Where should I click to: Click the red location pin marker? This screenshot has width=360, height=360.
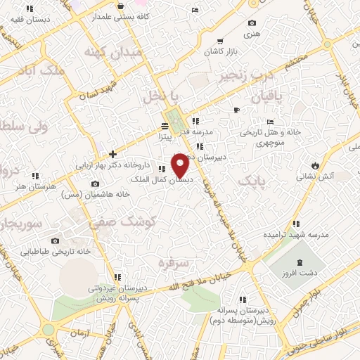pos(180,165)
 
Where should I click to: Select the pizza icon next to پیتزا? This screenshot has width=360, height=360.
pos(165,127)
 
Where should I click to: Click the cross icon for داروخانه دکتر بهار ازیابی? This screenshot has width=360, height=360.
pos(112,154)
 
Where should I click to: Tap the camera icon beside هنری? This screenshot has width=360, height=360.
pos(252,23)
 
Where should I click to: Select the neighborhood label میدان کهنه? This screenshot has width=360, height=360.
pos(112,52)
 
